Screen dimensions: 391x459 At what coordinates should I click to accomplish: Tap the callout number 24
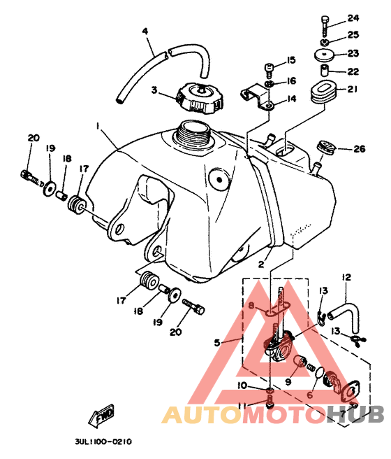point(353,18)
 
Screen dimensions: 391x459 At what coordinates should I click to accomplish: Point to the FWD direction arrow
point(101,416)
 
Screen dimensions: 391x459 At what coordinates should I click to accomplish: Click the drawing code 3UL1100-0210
point(103,442)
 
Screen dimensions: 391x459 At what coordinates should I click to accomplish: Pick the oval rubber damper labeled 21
point(323,91)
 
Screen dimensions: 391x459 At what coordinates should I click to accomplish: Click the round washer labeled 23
point(325,55)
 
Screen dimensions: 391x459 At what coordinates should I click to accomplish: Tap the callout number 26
point(359,149)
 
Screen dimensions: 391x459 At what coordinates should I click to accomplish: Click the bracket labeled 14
point(257,96)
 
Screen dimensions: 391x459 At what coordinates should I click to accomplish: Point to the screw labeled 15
point(270,70)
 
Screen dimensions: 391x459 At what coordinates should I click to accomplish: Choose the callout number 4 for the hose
point(145,31)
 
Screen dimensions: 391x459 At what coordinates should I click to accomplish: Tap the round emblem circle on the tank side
point(219,179)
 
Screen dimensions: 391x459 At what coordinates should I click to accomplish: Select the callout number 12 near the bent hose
point(346,276)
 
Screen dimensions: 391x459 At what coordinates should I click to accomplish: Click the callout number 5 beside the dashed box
point(217,342)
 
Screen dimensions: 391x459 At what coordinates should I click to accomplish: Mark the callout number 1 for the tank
point(98,126)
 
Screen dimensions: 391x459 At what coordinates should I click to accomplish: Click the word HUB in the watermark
point(355,414)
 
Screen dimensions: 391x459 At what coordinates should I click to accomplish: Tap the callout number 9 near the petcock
point(288,381)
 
